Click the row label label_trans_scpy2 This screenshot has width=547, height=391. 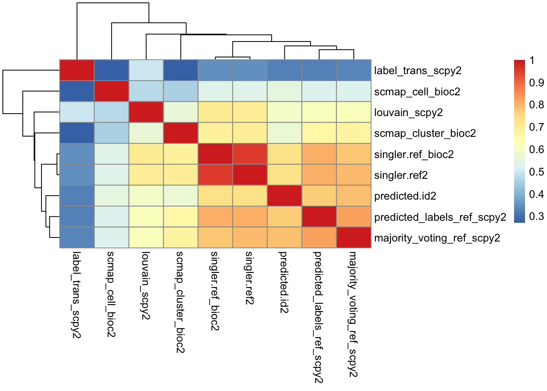point(418,70)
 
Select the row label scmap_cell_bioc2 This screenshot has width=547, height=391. point(417,92)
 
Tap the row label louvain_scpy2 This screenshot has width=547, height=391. point(408,113)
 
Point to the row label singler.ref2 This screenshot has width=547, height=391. point(401,175)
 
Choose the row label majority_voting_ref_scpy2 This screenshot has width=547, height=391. point(437,238)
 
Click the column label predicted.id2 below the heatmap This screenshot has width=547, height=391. point(284,282)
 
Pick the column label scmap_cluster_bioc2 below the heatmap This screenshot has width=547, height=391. point(180,302)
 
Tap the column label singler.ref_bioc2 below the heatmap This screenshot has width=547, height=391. point(215,291)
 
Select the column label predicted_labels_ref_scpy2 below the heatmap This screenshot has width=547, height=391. point(319,317)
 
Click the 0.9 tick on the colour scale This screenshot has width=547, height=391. point(536,83)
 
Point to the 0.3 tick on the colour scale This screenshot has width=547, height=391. point(536,216)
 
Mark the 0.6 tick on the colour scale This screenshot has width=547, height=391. point(536,149)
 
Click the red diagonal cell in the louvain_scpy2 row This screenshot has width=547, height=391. point(146,112)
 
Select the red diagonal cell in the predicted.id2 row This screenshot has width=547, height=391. point(285,195)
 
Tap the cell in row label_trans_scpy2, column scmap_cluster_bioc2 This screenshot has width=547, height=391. point(181,70)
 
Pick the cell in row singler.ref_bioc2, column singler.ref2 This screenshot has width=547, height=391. point(250,154)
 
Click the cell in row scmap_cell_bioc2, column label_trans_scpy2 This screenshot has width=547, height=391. point(77,91)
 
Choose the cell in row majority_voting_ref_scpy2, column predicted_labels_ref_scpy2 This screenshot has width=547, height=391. point(319,237)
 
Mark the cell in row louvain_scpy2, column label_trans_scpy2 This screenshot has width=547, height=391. point(77,112)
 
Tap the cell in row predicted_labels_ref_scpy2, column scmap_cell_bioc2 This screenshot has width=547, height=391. point(112,217)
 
